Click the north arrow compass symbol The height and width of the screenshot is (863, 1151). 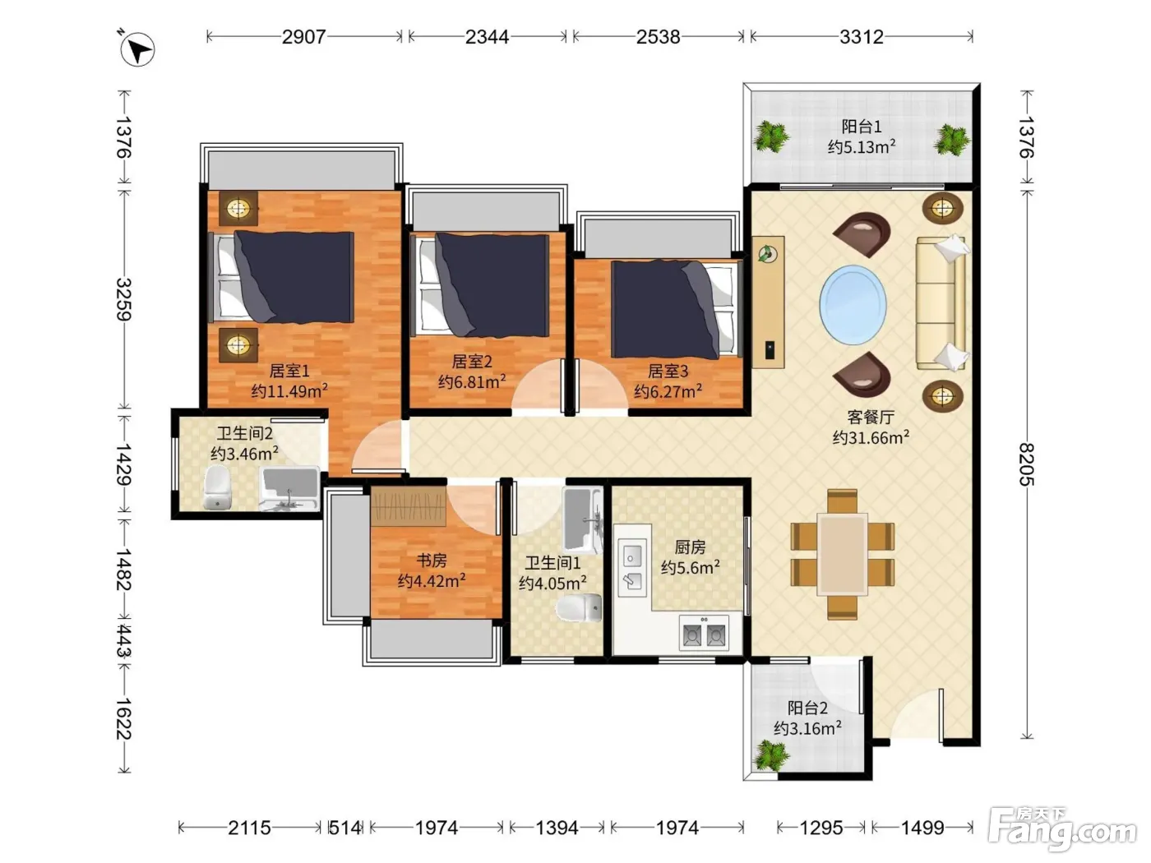point(136,49)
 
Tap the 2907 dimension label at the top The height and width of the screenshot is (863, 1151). point(303,37)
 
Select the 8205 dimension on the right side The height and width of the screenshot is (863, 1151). point(1026,464)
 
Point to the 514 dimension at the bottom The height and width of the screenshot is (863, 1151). point(345,828)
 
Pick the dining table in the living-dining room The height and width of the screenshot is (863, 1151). point(842,554)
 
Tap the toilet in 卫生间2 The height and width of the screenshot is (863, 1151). point(218,487)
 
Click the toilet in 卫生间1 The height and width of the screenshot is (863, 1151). point(579,608)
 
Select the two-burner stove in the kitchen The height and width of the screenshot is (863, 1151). point(704,633)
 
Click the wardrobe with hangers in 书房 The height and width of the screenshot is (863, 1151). point(409,505)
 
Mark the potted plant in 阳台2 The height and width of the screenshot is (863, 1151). point(770,755)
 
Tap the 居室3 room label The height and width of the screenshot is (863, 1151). point(668,371)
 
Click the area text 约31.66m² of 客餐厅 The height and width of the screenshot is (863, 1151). point(871,437)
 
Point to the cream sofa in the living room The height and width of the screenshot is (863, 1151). point(941,302)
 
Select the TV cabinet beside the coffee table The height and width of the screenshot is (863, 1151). point(768,302)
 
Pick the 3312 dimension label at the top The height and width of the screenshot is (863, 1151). point(862,37)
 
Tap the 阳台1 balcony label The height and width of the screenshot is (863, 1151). point(862,127)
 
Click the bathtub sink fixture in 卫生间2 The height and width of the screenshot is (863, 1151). point(289,488)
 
